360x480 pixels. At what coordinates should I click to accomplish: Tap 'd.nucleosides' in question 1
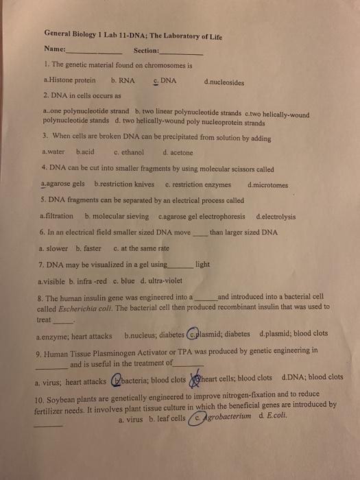pos(224,81)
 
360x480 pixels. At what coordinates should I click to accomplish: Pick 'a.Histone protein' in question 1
pos(69,80)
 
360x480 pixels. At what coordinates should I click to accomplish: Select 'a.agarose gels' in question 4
pos(63,184)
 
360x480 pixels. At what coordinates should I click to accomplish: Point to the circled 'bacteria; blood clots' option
pos(149,378)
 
